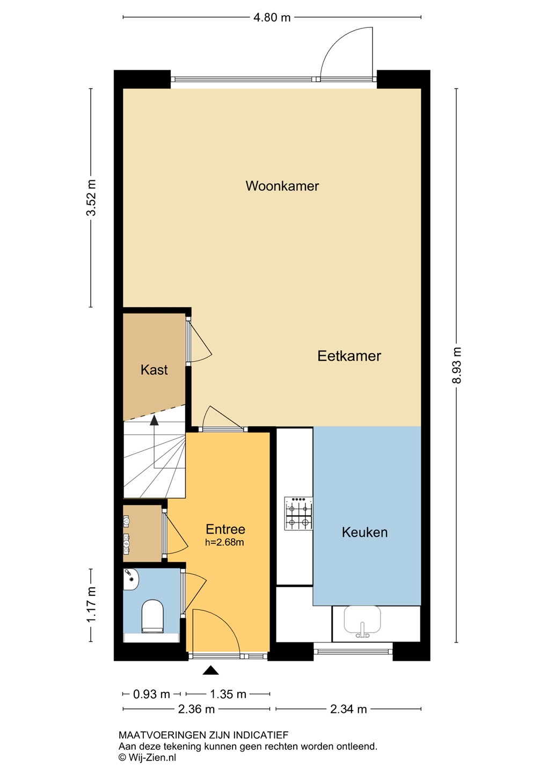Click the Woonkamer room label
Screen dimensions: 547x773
282,186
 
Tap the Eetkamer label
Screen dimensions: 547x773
349,356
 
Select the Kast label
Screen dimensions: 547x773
154,370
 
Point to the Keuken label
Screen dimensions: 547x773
364,532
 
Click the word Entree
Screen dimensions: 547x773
225,529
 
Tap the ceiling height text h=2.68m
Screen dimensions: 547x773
224,543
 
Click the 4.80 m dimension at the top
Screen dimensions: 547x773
272,17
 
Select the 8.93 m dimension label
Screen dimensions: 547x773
457,365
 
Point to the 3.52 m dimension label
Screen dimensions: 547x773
91,198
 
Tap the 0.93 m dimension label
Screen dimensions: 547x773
151,694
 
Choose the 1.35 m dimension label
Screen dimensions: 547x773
228,694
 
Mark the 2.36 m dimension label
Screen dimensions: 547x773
196,709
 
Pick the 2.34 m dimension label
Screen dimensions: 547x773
348,709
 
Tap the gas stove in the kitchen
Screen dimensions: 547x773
298,514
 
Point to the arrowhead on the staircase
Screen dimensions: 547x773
154,420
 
